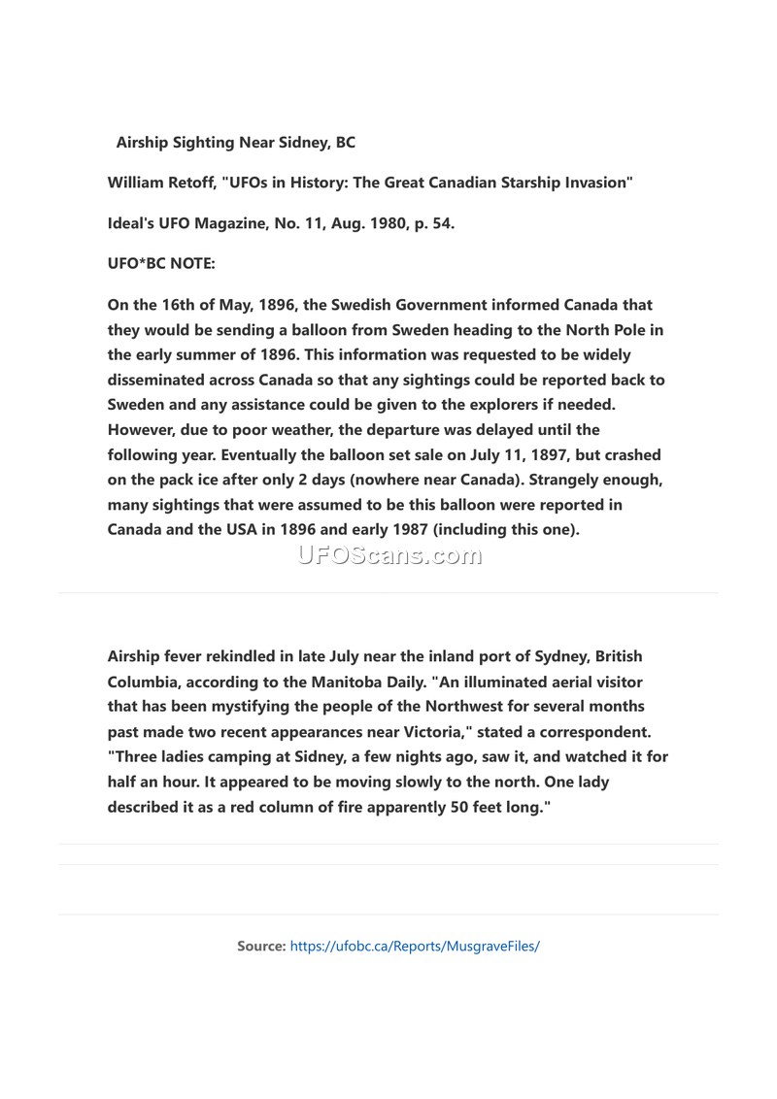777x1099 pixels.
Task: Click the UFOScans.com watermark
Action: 388,555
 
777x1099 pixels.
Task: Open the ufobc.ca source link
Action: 415,945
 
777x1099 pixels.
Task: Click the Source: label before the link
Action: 261,945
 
